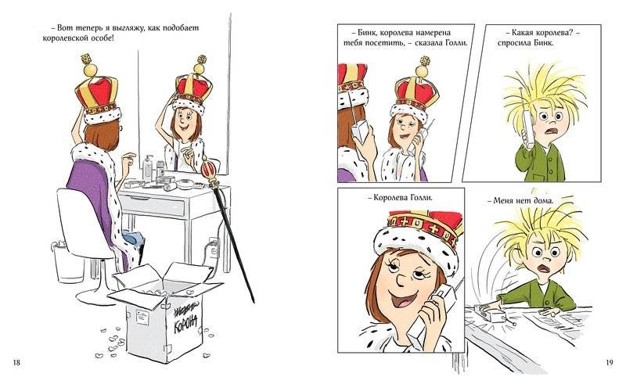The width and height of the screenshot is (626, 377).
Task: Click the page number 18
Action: point(16,363)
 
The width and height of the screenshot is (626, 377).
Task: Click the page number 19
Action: point(609,363)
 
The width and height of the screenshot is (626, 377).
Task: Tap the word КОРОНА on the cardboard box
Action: point(185,323)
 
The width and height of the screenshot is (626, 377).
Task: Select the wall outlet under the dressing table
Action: point(213,246)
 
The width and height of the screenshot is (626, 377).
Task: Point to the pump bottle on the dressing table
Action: point(148,167)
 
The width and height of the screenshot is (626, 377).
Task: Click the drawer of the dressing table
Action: point(153,206)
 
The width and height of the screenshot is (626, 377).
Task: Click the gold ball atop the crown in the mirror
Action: point(199,69)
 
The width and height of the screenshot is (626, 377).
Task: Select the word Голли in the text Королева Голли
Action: point(421,198)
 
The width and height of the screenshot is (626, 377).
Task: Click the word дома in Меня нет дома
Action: point(543,201)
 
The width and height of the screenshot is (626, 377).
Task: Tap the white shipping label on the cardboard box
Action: point(142,316)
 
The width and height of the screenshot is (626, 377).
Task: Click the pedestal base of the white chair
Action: point(95,296)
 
